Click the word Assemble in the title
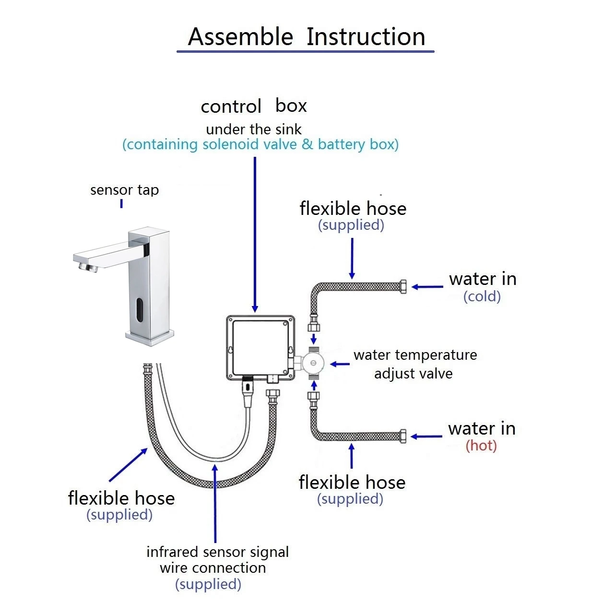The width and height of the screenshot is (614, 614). tap(240, 37)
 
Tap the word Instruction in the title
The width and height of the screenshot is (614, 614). tap(366, 37)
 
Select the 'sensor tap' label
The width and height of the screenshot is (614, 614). tap(124, 190)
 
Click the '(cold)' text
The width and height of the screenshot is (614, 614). tap(482, 296)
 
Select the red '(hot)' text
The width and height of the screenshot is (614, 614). tap(481, 446)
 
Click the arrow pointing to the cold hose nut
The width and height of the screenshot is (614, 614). tap(427, 287)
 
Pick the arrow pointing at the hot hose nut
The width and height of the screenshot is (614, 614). tap(426, 437)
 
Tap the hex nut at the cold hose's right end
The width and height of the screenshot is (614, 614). tap(403, 287)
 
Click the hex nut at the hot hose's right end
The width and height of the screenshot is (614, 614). tap(403, 436)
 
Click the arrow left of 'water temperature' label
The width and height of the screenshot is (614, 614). tap(340, 364)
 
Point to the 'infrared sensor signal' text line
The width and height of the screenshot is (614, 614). tap(217, 552)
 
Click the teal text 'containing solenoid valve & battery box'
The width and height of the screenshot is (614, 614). tap(260, 144)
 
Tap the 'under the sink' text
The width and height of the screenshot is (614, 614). tap(254, 130)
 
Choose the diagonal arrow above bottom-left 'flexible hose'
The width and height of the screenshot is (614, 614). tap(129, 464)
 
